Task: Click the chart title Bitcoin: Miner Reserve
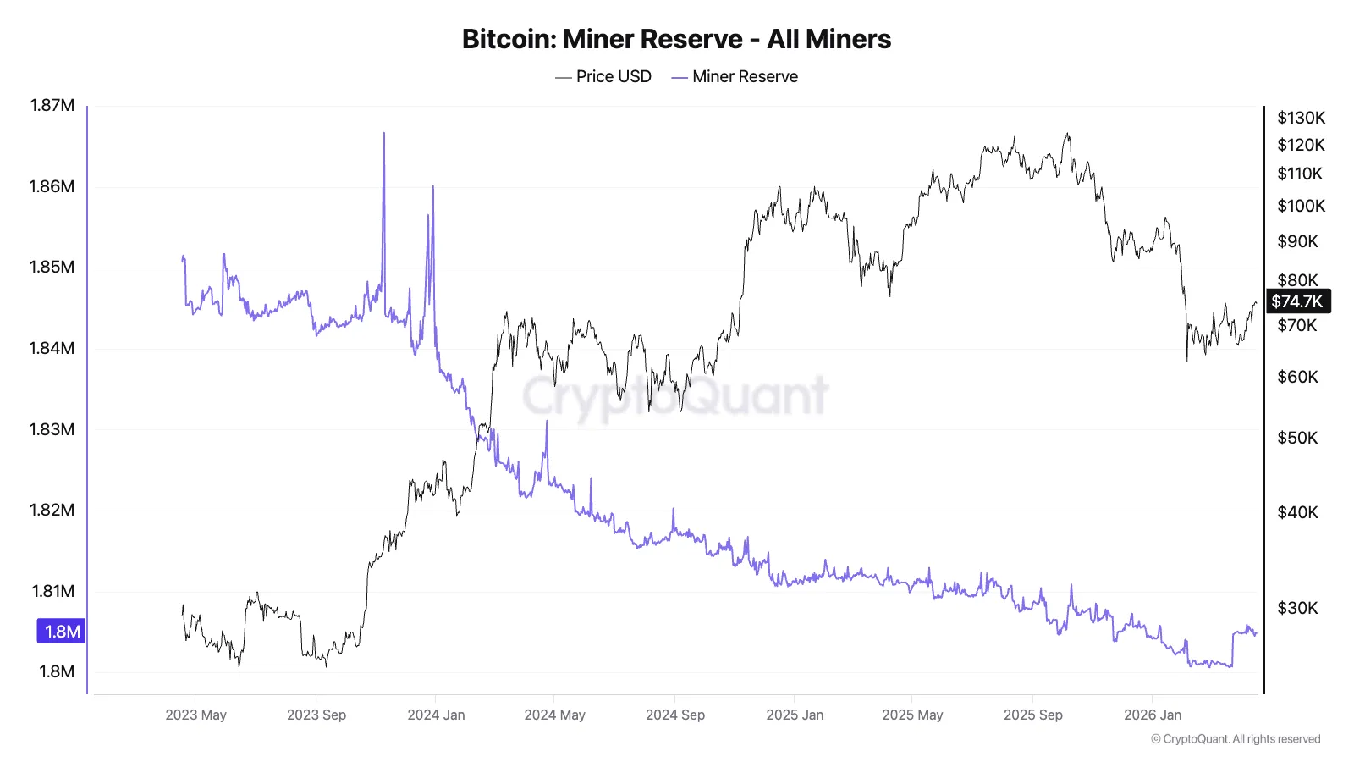(676, 39)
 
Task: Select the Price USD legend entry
(603, 76)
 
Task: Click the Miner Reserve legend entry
(735, 76)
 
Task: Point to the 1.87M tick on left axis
(52, 105)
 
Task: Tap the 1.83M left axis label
(52, 429)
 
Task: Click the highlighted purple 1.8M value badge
(61, 632)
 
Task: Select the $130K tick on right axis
(1301, 118)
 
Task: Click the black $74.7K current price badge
(1297, 301)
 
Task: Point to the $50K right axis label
(1297, 438)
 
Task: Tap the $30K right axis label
(1297, 608)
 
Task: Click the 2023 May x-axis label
(195, 715)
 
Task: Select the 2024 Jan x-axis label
(436, 715)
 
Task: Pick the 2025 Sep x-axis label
(1032, 715)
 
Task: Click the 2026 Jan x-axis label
(1152, 715)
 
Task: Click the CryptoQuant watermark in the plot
(675, 396)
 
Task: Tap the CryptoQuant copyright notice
(1236, 739)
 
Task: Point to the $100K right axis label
(1301, 206)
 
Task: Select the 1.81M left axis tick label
(52, 591)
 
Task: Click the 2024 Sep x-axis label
(674, 715)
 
